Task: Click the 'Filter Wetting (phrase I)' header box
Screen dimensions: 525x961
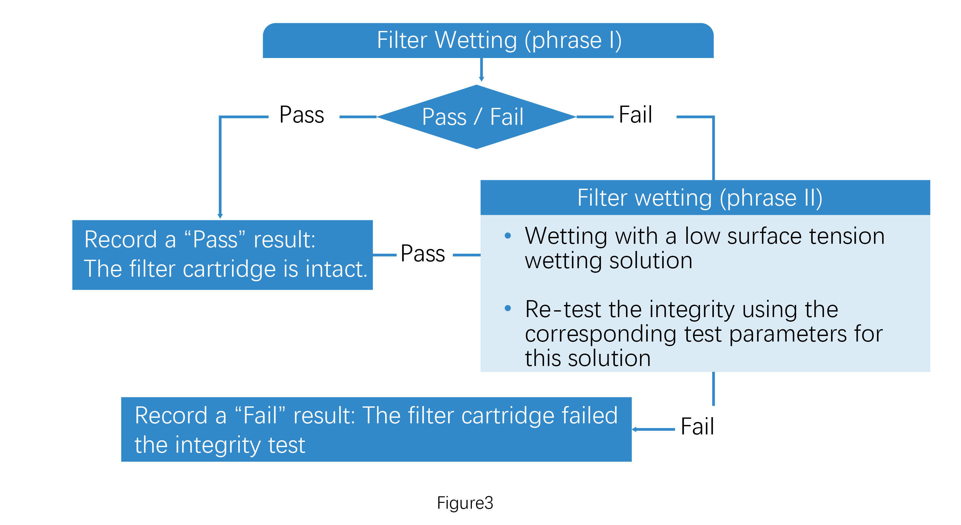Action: tap(488, 40)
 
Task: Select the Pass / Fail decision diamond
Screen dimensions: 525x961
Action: tap(476, 117)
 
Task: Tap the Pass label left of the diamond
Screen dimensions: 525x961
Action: tap(301, 115)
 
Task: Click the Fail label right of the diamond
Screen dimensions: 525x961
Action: tap(635, 115)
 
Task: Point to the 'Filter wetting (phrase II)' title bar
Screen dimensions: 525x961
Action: tap(705, 197)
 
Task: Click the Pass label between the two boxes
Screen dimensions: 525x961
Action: tap(422, 254)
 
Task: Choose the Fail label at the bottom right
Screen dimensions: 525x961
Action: tap(696, 426)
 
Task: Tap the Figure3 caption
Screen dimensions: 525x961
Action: tap(465, 503)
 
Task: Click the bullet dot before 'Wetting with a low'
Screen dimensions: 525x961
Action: tap(507, 235)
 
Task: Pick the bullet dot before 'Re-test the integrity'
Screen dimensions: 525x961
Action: tap(507, 308)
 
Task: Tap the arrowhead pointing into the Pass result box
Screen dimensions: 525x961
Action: tap(220, 216)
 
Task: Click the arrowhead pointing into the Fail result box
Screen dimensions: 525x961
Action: tap(634, 430)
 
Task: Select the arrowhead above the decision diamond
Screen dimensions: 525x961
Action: tap(481, 79)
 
